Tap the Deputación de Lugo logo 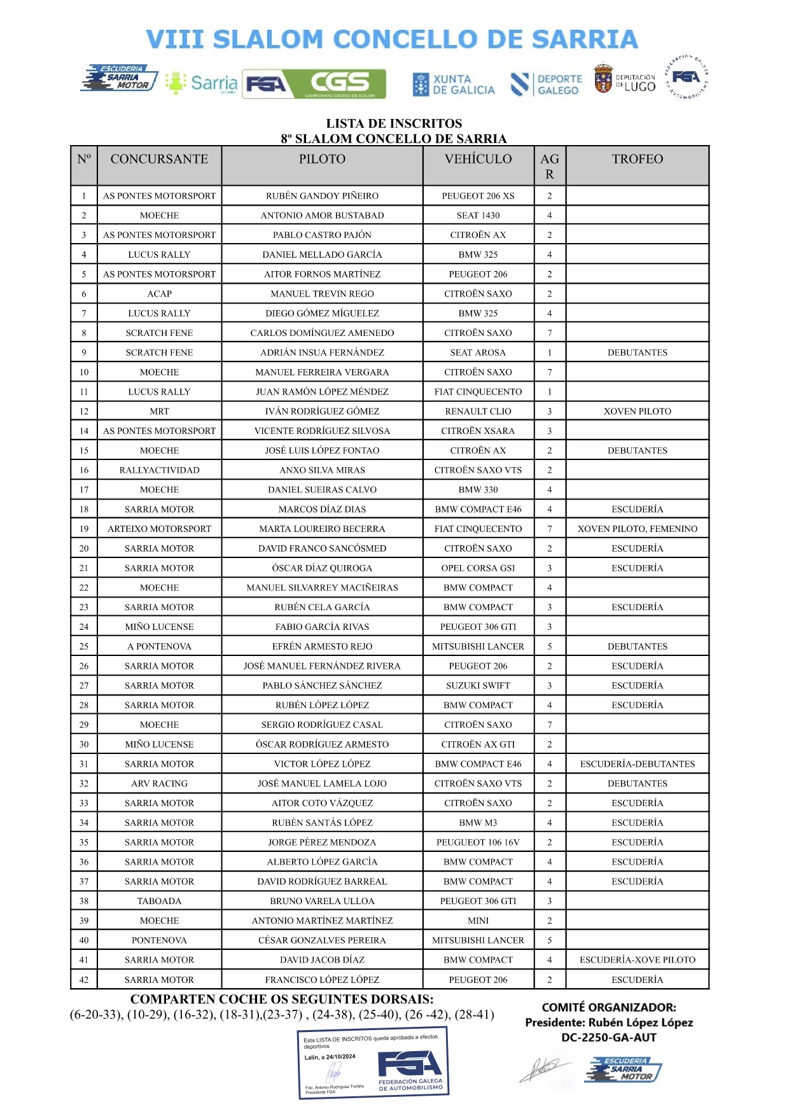point(624,81)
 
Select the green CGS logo point(340,83)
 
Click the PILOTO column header point(322,159)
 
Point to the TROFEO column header point(637,159)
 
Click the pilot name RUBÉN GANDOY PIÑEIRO point(322,196)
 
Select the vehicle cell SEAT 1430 point(478,216)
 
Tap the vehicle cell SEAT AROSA point(478,352)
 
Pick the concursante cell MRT point(159,412)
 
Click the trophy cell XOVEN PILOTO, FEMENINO point(637,529)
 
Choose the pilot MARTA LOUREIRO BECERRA point(322,529)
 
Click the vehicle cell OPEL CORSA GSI point(478,568)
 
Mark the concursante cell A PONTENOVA point(159,646)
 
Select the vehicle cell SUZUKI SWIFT point(478,686)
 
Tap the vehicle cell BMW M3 point(478,823)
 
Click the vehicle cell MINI point(478,921)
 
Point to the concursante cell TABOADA point(159,901)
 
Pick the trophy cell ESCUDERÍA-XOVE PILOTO point(637,960)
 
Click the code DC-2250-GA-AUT point(608,1038)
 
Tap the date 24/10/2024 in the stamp point(340,1057)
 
